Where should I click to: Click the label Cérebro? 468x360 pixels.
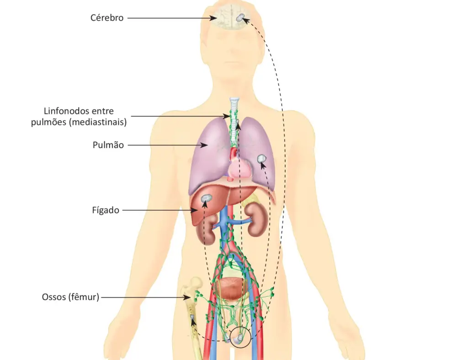coord(107,18)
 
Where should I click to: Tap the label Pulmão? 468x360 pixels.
coord(108,145)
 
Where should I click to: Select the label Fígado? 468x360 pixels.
coord(106,210)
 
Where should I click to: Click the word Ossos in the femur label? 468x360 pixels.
coord(53,297)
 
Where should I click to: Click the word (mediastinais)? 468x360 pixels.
coord(98,123)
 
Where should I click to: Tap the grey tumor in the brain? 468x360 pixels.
coord(240,18)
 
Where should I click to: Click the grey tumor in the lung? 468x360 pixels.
coord(261,158)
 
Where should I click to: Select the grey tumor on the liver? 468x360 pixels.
coord(206,198)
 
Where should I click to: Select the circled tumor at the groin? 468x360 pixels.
coord(239,338)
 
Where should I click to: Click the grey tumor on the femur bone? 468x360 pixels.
coord(192,317)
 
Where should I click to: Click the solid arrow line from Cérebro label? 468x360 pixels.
coord(169,18)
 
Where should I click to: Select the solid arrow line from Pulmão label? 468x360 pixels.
coord(167,145)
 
